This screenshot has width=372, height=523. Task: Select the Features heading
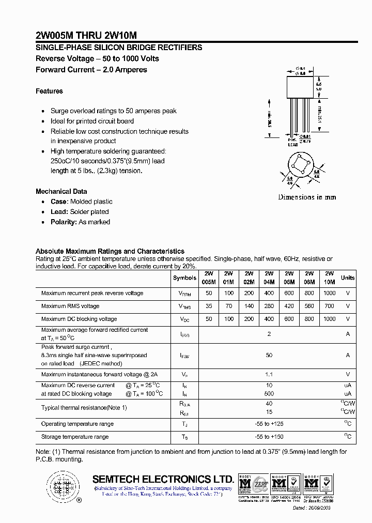click(x=49, y=91)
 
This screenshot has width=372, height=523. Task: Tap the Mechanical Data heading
click(x=61, y=191)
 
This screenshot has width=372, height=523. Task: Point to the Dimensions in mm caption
click(x=307, y=197)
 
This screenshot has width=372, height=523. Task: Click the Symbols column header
click(x=184, y=278)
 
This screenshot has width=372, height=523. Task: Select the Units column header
click(x=348, y=278)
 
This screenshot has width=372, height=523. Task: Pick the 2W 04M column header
click(x=269, y=278)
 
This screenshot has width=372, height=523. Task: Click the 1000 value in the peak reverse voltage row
click(x=329, y=293)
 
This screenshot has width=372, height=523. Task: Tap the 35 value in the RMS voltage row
click(x=209, y=306)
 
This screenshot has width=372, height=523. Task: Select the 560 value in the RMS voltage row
click(x=309, y=306)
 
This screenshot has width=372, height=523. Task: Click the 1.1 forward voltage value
click(x=269, y=374)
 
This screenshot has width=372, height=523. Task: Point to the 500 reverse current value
click(x=269, y=393)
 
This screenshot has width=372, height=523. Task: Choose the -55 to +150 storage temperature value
click(x=269, y=437)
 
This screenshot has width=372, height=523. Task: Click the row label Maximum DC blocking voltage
click(x=79, y=319)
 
